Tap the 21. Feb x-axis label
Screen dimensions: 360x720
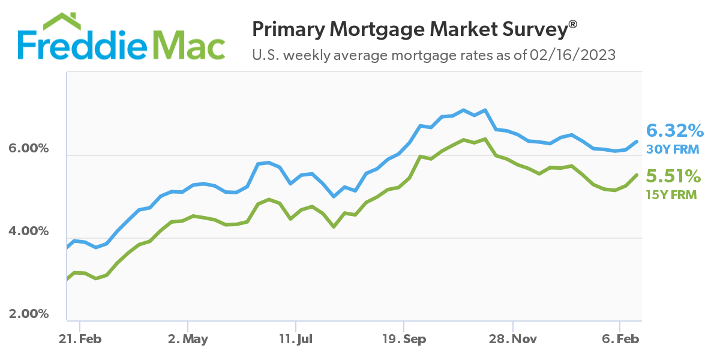(80, 340)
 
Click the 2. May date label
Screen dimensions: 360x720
(188, 340)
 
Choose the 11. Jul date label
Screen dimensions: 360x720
(296, 340)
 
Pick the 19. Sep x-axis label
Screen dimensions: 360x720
(404, 340)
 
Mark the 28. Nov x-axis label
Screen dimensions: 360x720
(512, 340)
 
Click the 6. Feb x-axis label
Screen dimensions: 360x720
(620, 340)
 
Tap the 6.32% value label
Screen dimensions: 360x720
(674, 130)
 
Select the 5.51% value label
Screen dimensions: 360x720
(673, 176)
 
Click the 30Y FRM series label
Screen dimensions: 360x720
(672, 148)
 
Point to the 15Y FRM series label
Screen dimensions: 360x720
(671, 194)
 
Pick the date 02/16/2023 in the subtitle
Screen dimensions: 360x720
(572, 56)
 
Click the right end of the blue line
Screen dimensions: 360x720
(637, 142)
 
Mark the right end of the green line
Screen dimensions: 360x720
(637, 175)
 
